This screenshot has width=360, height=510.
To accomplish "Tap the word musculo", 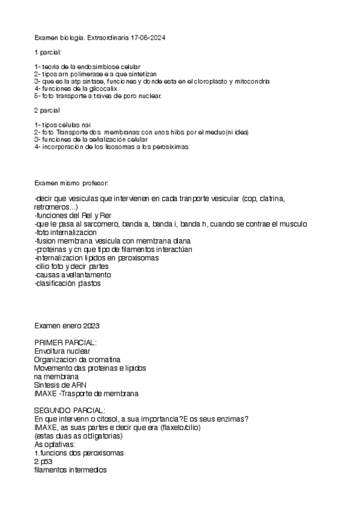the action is [x=289, y=224].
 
